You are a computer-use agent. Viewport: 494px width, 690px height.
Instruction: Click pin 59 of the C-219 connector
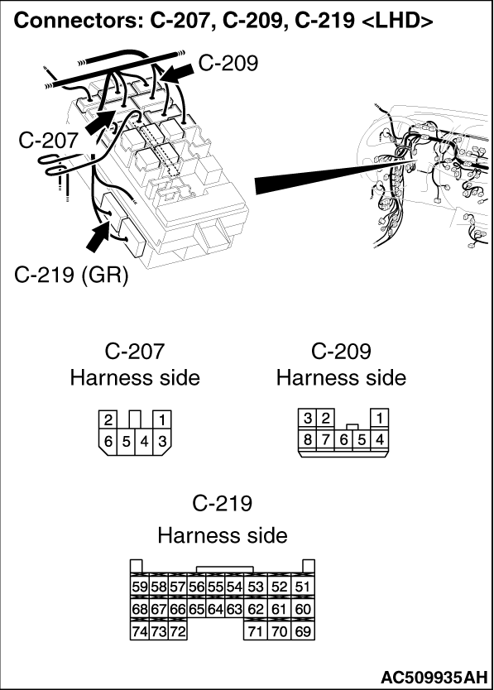point(140,586)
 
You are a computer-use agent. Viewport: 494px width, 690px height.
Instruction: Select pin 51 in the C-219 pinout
point(303,586)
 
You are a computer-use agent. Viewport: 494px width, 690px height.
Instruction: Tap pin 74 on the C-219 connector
point(140,631)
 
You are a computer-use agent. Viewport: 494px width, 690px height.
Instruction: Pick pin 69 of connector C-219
point(303,631)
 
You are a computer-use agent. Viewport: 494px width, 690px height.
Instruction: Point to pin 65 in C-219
point(196,609)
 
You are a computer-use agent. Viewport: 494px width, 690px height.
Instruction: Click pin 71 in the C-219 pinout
point(256,631)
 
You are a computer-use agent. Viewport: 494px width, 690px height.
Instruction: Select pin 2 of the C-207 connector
point(108,419)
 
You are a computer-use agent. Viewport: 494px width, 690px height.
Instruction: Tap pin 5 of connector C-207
point(127,440)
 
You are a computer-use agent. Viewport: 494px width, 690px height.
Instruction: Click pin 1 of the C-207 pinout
point(162,419)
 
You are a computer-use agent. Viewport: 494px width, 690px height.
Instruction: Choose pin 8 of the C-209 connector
point(308,438)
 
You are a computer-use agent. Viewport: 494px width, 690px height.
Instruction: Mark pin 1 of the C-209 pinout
point(380,418)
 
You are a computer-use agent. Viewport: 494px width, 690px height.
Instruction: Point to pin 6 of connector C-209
point(344,438)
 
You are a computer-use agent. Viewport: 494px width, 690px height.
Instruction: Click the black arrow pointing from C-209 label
point(176,72)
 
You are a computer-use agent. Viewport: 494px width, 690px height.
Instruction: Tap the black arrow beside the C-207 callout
point(98,122)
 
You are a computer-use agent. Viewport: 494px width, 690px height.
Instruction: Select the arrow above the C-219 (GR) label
point(98,236)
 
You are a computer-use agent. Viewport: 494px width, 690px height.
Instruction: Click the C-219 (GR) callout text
point(71,275)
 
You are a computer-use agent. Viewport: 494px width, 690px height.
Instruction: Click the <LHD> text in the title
point(397,21)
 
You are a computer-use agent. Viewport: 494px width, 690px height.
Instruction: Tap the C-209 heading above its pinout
point(341,351)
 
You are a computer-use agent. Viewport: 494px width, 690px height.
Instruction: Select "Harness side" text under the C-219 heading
point(223,535)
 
